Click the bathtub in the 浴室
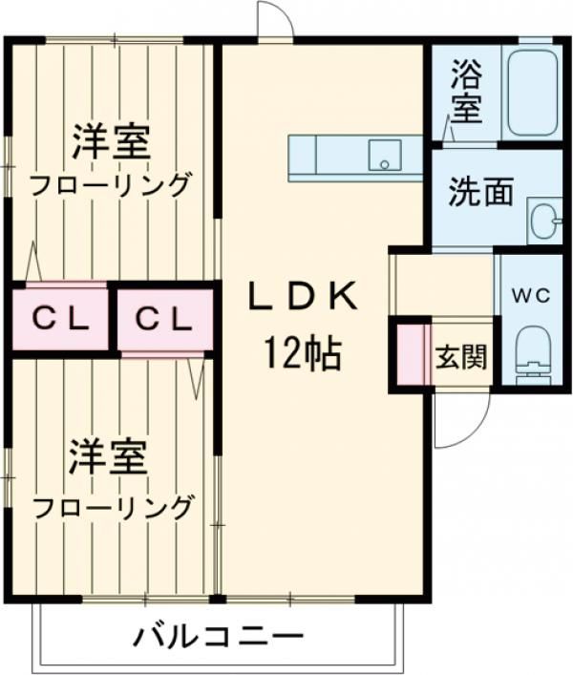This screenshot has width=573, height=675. click(535, 93)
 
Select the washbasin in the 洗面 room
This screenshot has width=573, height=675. click(544, 221)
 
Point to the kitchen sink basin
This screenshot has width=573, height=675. click(385, 155)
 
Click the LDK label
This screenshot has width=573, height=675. click(303, 296)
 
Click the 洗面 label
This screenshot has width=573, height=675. click(481, 192)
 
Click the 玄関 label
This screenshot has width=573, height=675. click(461, 357)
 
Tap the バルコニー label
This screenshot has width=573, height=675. click(218, 635)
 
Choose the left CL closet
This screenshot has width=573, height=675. click(60, 319)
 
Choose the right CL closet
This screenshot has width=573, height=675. click(165, 320)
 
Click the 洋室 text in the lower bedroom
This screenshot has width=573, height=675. click(108, 456)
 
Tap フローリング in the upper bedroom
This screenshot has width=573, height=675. click(110, 185)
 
